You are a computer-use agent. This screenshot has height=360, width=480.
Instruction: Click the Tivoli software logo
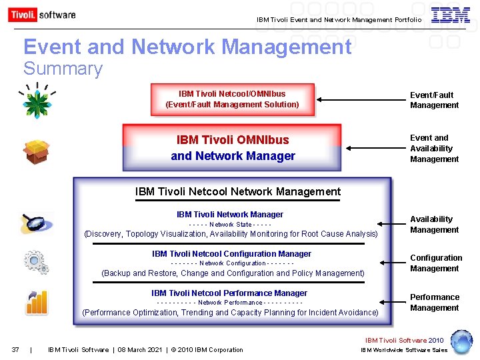pyautogui.click(x=42, y=15)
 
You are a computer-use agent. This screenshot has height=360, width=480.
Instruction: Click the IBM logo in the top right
pyautogui.click(x=450, y=15)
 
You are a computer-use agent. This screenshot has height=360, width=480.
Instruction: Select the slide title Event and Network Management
pyautogui.click(x=187, y=47)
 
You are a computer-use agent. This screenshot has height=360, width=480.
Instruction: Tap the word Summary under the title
pyautogui.click(x=63, y=69)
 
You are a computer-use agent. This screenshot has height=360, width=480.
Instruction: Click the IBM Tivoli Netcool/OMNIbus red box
pyautogui.click(x=232, y=99)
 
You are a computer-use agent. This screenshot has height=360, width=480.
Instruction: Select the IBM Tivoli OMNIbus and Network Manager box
pyautogui.click(x=233, y=148)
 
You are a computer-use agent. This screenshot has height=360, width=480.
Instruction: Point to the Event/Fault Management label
pyautogui.click(x=434, y=100)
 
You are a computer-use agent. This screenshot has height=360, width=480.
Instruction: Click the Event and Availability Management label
pyautogui.click(x=434, y=149)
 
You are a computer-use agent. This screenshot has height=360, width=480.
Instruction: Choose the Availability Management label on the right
pyautogui.click(x=434, y=225)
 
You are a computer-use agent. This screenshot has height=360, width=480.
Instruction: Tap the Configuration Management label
pyautogui.click(x=435, y=263)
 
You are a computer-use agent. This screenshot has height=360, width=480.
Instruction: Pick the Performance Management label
pyautogui.click(x=434, y=303)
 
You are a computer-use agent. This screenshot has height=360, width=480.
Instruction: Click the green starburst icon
pyautogui.click(x=36, y=101)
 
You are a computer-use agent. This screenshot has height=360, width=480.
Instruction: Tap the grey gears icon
pyautogui.click(x=36, y=261)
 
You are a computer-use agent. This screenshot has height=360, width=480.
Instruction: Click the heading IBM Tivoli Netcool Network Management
pyautogui.click(x=237, y=192)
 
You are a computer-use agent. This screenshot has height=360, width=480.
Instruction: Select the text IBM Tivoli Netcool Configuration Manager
pyautogui.click(x=231, y=254)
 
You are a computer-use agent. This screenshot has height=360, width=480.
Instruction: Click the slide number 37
pyautogui.click(x=15, y=350)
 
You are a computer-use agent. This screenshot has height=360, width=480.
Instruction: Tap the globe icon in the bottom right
pyautogui.click(x=461, y=341)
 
